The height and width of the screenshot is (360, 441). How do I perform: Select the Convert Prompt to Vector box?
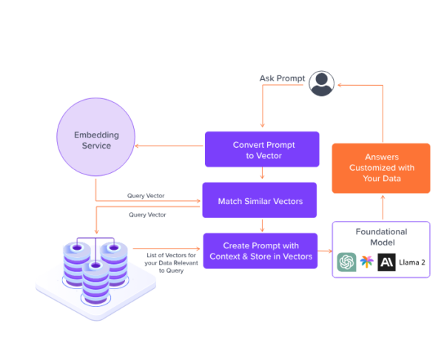(262, 149)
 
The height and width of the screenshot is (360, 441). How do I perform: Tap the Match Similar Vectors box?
(259, 200)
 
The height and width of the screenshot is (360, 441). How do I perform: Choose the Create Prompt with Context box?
(260, 251)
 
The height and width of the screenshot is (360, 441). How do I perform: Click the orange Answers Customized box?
(380, 168)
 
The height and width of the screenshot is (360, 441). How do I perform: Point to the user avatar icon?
(320, 83)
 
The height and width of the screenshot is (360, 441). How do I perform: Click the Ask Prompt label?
(281, 78)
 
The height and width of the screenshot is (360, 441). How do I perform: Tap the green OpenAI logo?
(346, 262)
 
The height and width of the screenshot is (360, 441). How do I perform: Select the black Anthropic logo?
(386, 262)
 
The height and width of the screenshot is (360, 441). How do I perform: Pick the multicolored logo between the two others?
(366, 262)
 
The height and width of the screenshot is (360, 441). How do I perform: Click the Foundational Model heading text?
(380, 237)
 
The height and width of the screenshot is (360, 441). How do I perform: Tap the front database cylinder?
(95, 280)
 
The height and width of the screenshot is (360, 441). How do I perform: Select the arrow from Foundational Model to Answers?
(382, 207)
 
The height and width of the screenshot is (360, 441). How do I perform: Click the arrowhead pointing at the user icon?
(340, 85)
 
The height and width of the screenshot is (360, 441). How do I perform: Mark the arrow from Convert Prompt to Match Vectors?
(263, 174)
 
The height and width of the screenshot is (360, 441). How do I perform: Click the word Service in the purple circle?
(96, 146)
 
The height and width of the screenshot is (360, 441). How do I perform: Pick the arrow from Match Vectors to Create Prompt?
(263, 225)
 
